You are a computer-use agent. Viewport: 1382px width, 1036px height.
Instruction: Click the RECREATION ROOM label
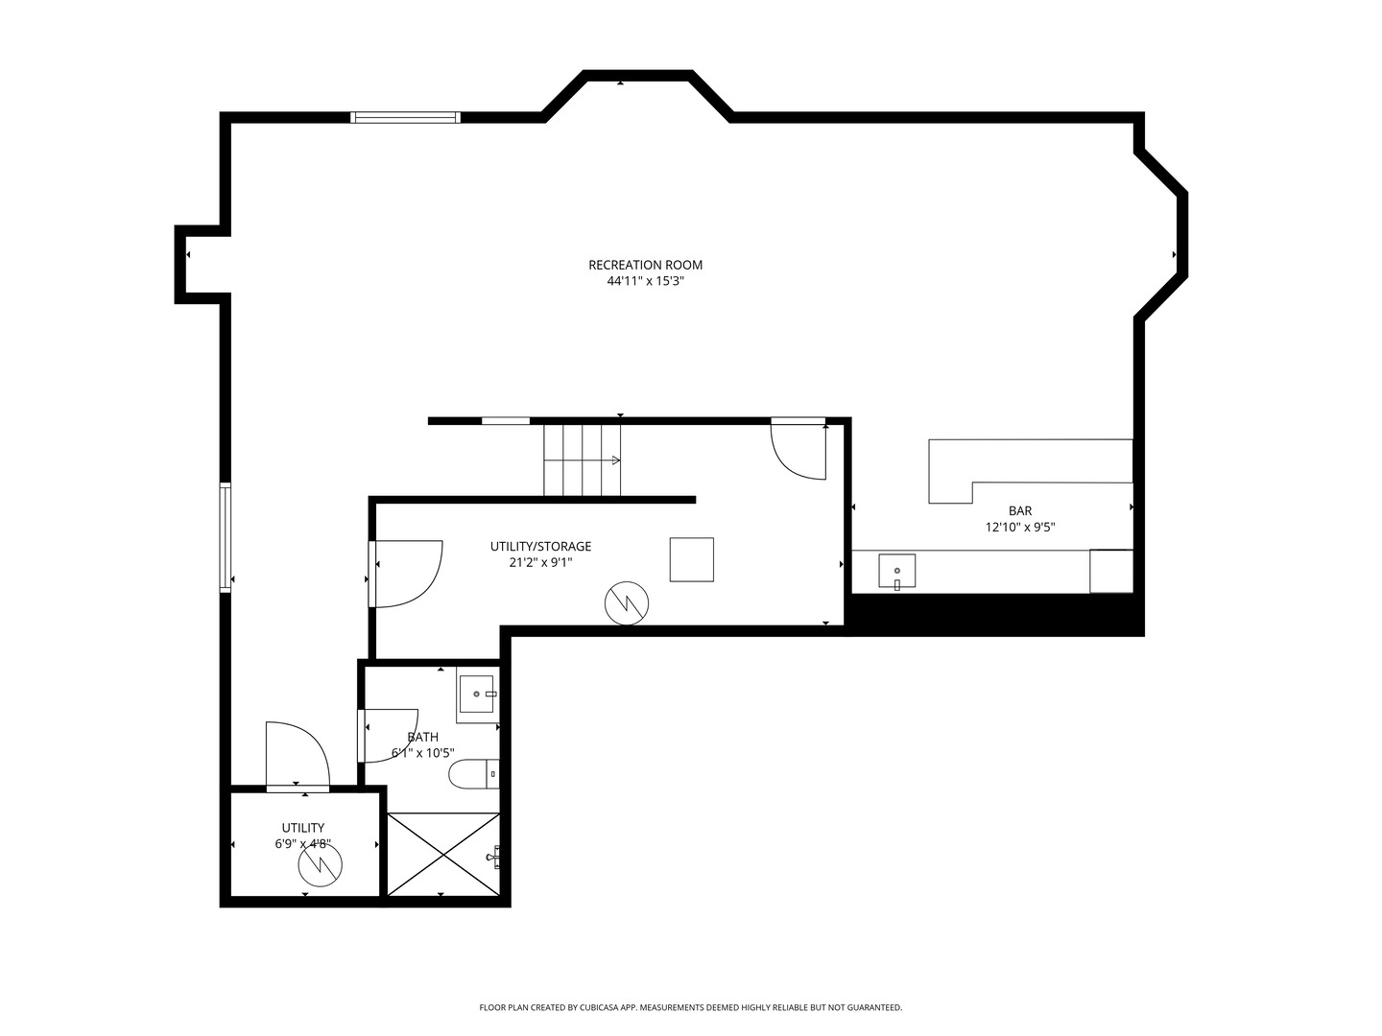645,265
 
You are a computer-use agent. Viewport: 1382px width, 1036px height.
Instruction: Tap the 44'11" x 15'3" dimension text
645,281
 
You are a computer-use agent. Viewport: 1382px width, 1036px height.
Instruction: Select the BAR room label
1020,510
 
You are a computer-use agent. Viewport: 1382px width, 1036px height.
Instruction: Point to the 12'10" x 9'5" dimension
1020,528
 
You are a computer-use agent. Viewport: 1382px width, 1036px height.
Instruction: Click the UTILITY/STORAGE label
541,546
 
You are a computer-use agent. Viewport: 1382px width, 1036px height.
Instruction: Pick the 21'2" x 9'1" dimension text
541,562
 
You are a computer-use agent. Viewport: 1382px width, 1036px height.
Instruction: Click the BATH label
423,737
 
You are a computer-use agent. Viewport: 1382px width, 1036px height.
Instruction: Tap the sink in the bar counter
897,571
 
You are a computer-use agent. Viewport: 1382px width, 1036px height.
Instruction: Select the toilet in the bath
474,774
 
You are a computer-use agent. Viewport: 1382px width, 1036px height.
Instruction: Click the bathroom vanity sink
478,695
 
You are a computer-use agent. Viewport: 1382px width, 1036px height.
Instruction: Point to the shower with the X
443,854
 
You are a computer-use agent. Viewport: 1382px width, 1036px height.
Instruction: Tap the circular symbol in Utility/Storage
627,603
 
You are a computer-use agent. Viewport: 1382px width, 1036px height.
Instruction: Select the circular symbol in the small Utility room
320,864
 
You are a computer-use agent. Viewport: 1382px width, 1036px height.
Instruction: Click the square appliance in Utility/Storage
691,559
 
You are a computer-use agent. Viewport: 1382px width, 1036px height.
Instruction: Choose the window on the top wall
405,117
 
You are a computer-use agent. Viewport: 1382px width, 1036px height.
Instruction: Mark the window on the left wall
225,538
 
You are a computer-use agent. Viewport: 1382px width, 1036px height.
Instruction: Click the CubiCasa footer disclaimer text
691,1007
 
